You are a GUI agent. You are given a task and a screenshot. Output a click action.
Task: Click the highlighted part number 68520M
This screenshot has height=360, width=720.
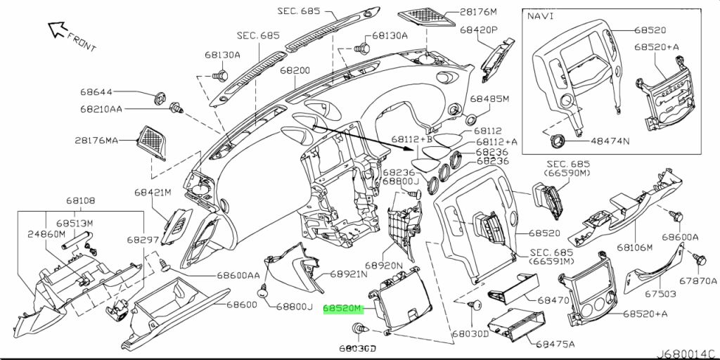tap(343, 309)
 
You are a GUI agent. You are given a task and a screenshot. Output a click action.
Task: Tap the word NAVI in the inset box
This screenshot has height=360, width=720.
tap(540, 15)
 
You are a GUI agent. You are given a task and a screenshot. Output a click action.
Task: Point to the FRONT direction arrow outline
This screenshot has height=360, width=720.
tap(58, 29)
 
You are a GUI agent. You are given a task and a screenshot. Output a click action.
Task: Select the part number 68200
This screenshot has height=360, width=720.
tap(295, 71)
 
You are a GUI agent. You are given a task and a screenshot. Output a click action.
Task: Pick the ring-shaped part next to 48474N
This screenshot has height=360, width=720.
tap(558, 140)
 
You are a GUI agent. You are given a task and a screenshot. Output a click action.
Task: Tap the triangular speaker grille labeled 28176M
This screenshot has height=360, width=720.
tap(426, 18)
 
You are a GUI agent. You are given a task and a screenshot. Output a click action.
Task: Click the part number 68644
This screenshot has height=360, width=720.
tap(96, 92)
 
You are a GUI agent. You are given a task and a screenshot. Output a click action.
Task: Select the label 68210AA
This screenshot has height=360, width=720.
tap(101, 109)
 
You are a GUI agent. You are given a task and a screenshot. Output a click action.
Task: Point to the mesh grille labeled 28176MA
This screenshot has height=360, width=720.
tap(153, 143)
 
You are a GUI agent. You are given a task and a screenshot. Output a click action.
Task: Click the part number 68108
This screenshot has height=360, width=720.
tap(80, 200)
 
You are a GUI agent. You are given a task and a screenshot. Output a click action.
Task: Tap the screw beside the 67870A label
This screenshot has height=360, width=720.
tap(699, 259)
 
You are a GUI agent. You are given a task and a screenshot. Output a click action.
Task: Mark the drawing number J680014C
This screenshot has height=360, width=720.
tap(686, 354)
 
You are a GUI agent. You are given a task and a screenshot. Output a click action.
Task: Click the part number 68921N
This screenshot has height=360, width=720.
tap(349, 275)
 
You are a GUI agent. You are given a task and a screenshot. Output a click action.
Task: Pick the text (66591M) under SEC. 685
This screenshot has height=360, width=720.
tap(551, 262)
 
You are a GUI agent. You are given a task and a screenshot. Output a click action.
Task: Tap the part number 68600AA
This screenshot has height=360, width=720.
tap(238, 275)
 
